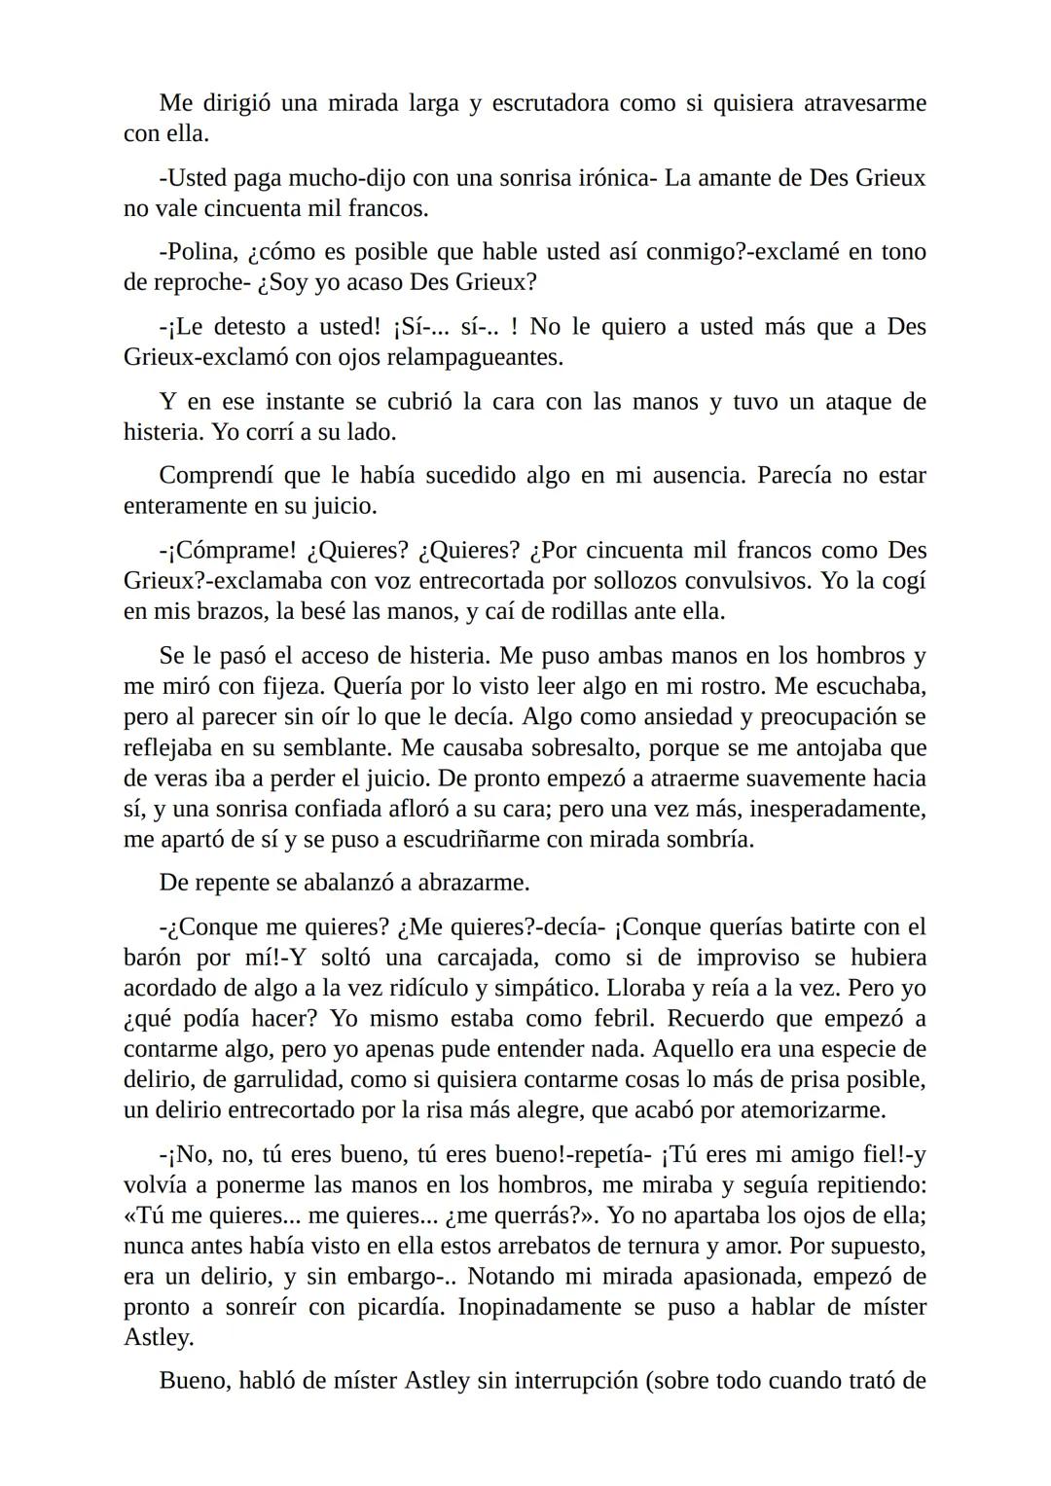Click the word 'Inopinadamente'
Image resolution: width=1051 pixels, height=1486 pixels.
pos(541,1307)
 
